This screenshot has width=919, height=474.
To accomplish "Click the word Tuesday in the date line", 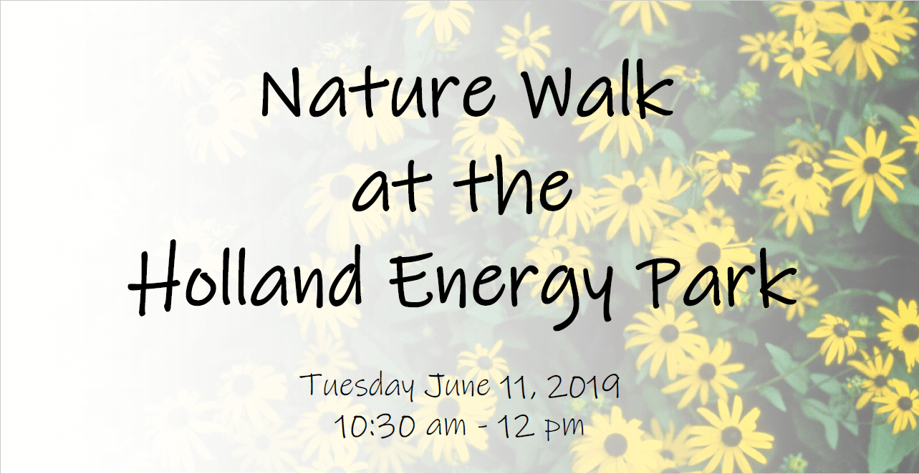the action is (357, 386).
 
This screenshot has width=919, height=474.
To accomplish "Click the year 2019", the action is (583, 386).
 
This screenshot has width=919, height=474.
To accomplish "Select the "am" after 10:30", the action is (446, 427).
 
